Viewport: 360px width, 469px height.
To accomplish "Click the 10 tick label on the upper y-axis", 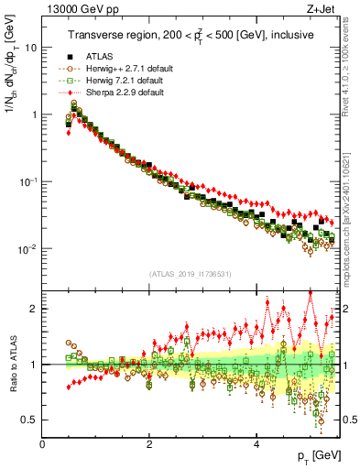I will coord(30,47).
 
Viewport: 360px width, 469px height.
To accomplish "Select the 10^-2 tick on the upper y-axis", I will coord(27,249).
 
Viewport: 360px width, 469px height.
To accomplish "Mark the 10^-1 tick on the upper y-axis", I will coord(27,181).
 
